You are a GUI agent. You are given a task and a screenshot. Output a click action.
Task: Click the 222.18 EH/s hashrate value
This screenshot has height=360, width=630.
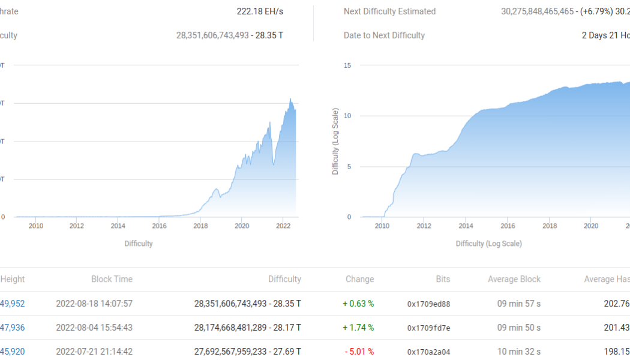tap(260, 11)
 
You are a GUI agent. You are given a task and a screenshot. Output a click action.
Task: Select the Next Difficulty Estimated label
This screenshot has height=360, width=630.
tap(389, 11)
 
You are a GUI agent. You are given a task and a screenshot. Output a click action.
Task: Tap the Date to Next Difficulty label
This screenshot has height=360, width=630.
tap(384, 35)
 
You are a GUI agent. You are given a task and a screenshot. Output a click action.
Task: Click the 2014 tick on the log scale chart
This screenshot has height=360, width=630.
tap(466, 226)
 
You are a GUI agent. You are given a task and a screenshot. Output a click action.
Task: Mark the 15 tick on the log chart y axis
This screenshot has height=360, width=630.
tap(348, 65)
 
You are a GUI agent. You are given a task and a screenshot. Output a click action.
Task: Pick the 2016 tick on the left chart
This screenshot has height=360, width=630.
tap(159, 226)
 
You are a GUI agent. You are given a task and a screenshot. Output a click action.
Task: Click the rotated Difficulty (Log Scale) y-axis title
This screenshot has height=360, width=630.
tap(335, 142)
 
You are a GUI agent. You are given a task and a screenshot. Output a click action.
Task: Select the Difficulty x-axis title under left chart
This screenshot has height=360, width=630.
tap(139, 244)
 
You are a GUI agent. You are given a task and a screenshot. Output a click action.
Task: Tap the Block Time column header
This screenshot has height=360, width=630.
tap(112, 279)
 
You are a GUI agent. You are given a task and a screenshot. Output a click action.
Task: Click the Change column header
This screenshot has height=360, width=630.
tap(359, 279)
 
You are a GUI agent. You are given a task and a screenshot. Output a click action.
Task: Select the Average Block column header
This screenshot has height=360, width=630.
tap(513, 279)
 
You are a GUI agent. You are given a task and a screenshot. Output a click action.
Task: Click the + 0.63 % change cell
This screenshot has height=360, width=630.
tap(358, 304)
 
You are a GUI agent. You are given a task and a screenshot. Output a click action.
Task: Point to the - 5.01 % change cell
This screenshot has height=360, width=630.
tap(358, 352)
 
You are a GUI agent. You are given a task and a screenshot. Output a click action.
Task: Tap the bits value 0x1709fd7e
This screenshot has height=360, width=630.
tap(428, 328)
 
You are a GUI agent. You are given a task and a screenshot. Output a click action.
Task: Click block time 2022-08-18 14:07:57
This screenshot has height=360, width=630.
tap(94, 304)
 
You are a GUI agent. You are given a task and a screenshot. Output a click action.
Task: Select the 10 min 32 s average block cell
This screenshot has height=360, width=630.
tap(519, 352)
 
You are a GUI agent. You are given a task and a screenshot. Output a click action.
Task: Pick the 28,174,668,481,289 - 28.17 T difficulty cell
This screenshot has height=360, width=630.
tap(248, 328)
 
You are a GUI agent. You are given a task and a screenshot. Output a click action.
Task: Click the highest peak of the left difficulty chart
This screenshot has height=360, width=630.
tap(290, 99)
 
